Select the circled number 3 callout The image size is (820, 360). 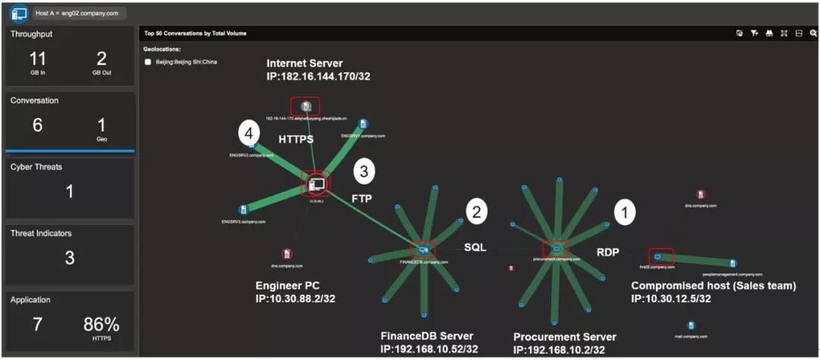(x=365, y=172)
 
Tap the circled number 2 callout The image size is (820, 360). (x=476, y=213)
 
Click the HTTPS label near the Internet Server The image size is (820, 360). (x=295, y=140)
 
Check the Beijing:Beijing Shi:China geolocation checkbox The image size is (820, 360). (x=148, y=62)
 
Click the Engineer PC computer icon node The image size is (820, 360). (x=317, y=184)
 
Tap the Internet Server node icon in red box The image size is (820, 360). (x=305, y=106)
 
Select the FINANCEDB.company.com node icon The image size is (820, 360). (x=423, y=248)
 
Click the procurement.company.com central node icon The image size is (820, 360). (x=555, y=248)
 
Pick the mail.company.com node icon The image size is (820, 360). (x=691, y=326)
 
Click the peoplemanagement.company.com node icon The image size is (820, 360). (x=733, y=264)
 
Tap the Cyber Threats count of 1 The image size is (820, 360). (x=69, y=191)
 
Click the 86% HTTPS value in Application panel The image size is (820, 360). (x=102, y=325)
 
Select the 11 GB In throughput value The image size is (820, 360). (x=37, y=59)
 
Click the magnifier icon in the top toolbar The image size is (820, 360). (x=813, y=33)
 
